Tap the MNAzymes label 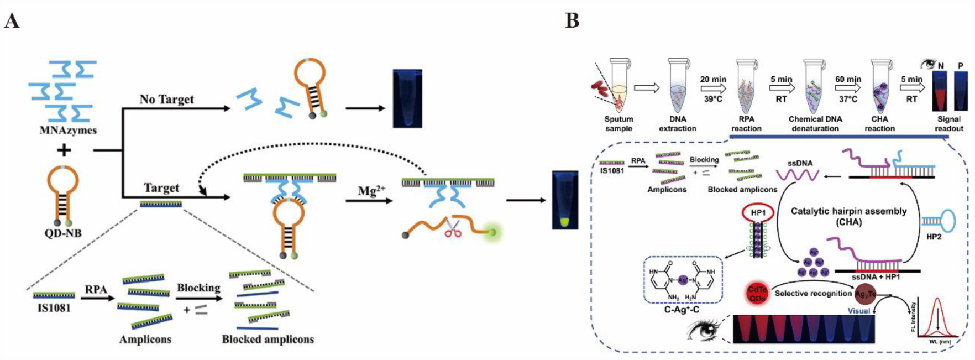(68, 131)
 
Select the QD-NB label (63, 233)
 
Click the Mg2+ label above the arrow (371, 191)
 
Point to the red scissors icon (453, 228)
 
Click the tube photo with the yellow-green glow (565, 200)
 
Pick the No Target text (166, 100)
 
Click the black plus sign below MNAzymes (65, 150)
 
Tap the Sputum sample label (618, 124)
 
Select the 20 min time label (713, 79)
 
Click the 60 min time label (848, 79)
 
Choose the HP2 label (933, 236)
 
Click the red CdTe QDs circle (757, 293)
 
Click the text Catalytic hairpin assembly (848, 211)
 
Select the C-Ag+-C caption (682, 310)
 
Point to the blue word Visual (858, 311)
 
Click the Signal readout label (948, 124)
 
